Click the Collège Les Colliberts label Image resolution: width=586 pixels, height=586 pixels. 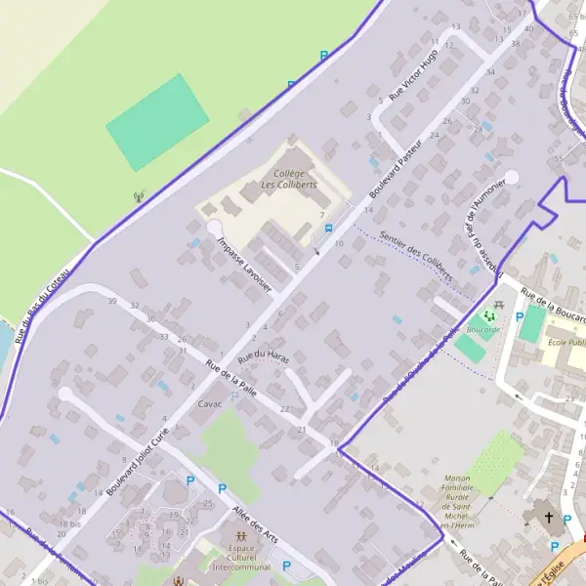click(x=289, y=179)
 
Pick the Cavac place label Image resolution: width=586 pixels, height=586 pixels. click(x=210, y=403)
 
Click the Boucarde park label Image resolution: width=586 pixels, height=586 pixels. click(x=482, y=329)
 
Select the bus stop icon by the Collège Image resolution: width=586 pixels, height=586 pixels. click(x=328, y=229)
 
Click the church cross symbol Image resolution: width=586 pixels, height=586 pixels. click(x=548, y=518)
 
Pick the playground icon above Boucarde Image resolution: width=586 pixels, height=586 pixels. click(x=498, y=307)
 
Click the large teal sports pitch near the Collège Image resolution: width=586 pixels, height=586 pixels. click(x=157, y=122)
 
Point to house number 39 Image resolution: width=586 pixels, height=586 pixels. click(x=112, y=301)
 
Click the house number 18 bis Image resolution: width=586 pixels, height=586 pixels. click(x=68, y=524)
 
